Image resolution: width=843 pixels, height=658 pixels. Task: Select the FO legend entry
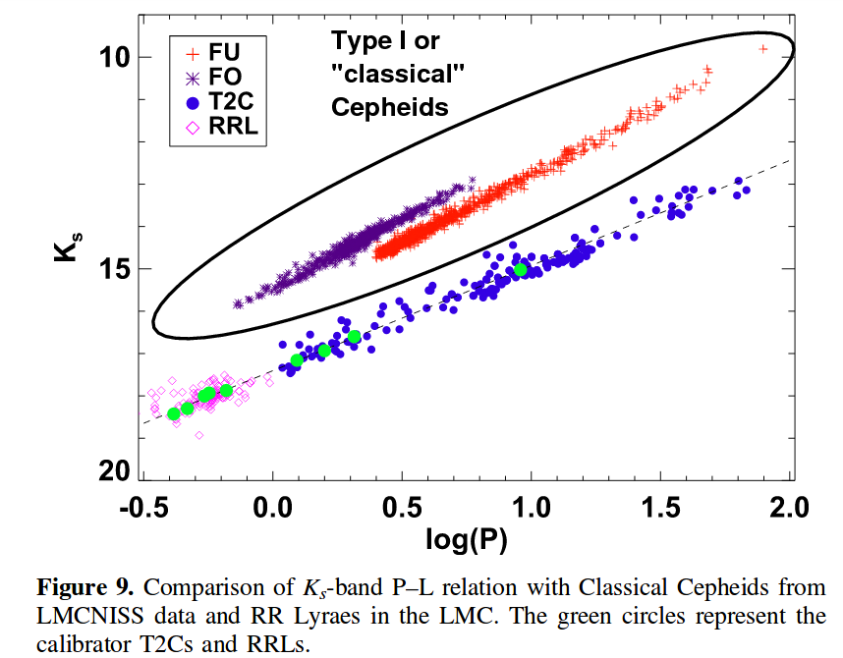click(225, 76)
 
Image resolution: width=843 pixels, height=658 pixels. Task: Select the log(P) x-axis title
click(467, 539)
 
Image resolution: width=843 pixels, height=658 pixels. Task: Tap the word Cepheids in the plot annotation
click(390, 107)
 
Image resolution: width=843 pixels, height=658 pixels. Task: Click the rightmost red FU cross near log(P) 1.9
click(763, 48)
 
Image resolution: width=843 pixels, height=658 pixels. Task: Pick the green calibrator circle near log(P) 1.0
click(521, 270)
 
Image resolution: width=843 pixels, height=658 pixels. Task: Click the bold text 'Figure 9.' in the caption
click(84, 589)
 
